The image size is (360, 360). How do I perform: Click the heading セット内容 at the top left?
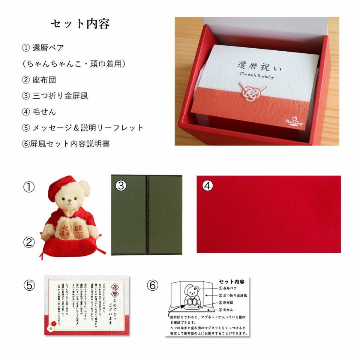80,24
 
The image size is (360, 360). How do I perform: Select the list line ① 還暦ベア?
43,48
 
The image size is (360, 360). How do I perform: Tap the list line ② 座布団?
39,79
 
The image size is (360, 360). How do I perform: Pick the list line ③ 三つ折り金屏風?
55,96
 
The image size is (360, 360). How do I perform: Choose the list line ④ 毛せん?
39,112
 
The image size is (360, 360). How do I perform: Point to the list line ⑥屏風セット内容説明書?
66,144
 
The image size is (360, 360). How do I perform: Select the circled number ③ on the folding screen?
120,186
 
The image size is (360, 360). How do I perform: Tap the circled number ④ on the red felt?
207,186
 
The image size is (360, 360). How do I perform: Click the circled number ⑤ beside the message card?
28,286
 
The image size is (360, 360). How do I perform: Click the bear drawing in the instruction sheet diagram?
193,295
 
